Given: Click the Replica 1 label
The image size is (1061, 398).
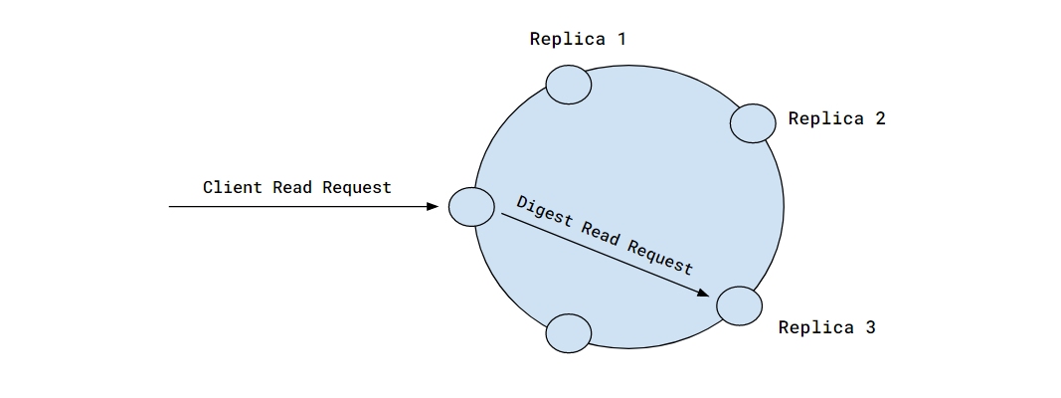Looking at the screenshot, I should click(578, 40).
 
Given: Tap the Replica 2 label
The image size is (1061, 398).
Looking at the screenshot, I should click(836, 118).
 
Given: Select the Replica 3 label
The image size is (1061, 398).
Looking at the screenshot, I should click(826, 327).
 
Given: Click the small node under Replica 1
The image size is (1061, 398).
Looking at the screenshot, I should click(569, 86).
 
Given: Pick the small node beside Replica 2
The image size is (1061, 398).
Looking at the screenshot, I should click(753, 123).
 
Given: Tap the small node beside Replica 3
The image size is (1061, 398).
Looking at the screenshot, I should click(739, 304).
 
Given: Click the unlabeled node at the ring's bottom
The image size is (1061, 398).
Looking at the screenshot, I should click(570, 332).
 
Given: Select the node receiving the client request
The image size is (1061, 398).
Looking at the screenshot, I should click(471, 207).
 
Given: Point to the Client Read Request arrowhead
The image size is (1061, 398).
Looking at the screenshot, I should click(433, 207).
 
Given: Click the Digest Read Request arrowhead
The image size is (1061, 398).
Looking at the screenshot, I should click(703, 294).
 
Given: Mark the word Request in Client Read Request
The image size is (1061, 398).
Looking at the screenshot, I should click(356, 187).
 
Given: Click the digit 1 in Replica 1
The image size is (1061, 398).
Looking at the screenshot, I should click(621, 40).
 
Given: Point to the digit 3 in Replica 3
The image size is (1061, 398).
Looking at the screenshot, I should click(870, 327).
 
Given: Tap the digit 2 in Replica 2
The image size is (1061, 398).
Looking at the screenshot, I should click(880, 118).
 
